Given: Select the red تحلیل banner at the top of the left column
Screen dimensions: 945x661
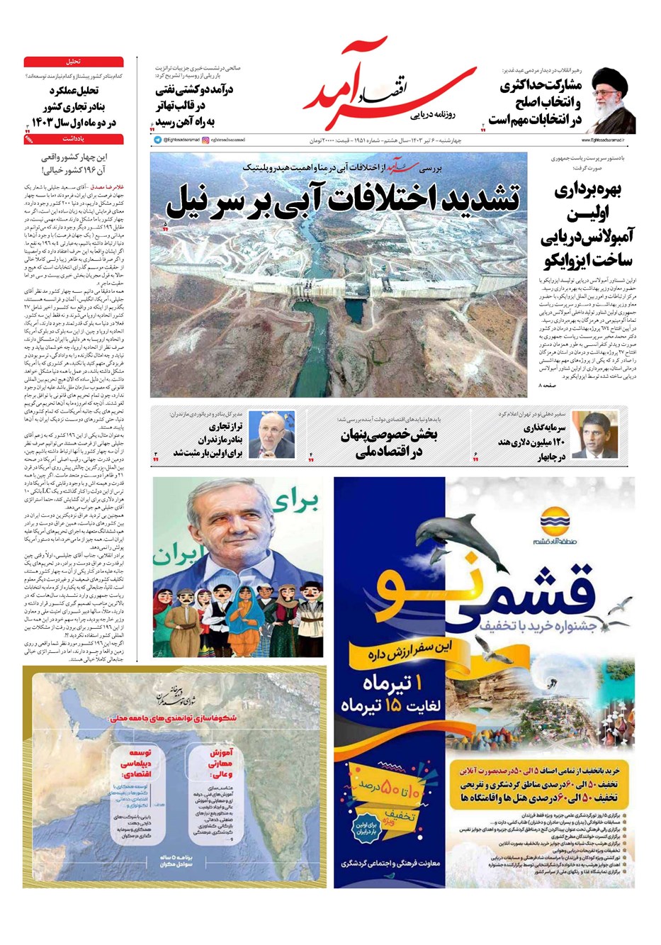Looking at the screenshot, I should click(74, 62).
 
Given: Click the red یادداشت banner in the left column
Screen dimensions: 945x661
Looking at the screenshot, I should click(74, 140).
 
